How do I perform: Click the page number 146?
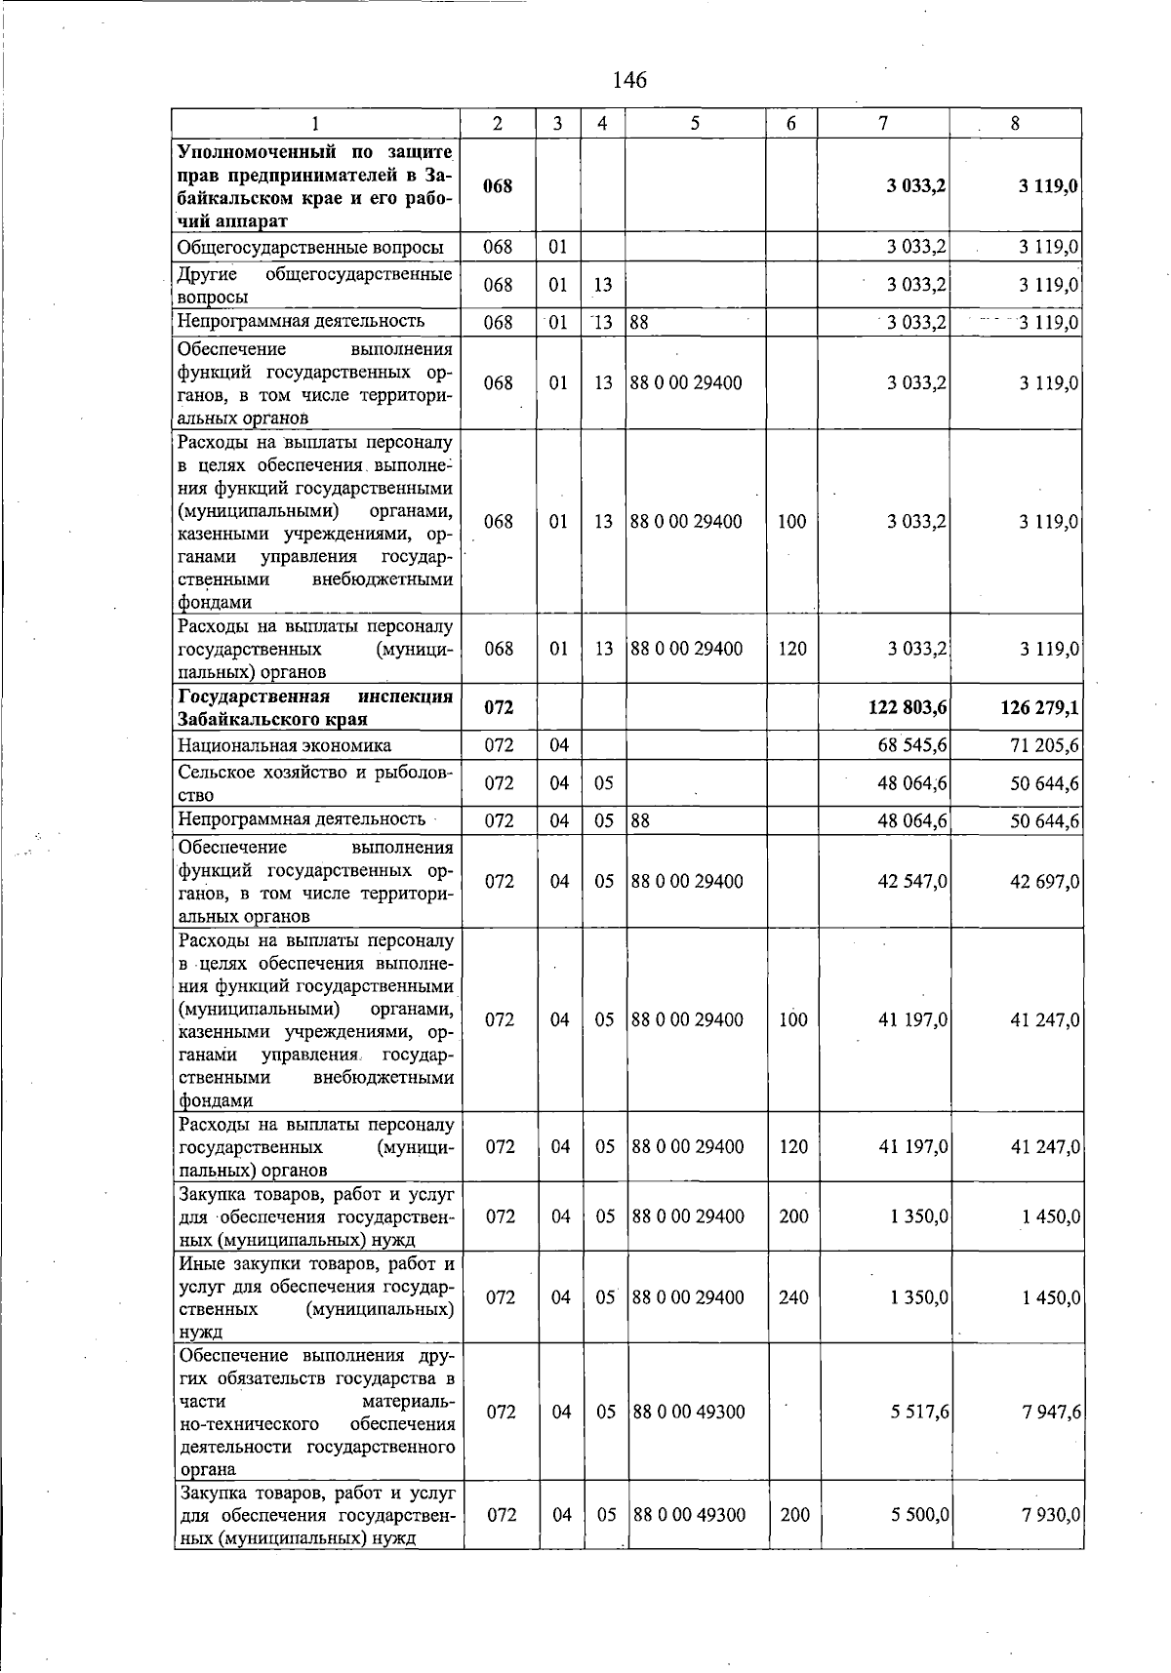coord(629,80)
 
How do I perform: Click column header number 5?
coord(695,123)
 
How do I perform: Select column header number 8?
coord(1015,123)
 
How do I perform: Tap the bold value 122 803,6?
coord(908,707)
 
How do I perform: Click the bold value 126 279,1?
coord(1039,707)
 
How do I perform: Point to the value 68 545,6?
coord(912,745)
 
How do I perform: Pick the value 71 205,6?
coord(1044,745)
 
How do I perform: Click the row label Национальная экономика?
coord(284,745)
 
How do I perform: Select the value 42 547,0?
coord(912,881)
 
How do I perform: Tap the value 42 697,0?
coord(1044,881)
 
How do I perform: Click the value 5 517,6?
coord(919,1412)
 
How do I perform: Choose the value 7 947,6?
coord(1051,1412)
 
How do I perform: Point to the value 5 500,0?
coord(919,1515)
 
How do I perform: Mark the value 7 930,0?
coord(1051,1515)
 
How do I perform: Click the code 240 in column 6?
coord(793,1297)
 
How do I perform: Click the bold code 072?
coord(499,707)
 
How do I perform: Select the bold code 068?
coord(498,185)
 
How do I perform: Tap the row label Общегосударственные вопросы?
coord(310,247)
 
